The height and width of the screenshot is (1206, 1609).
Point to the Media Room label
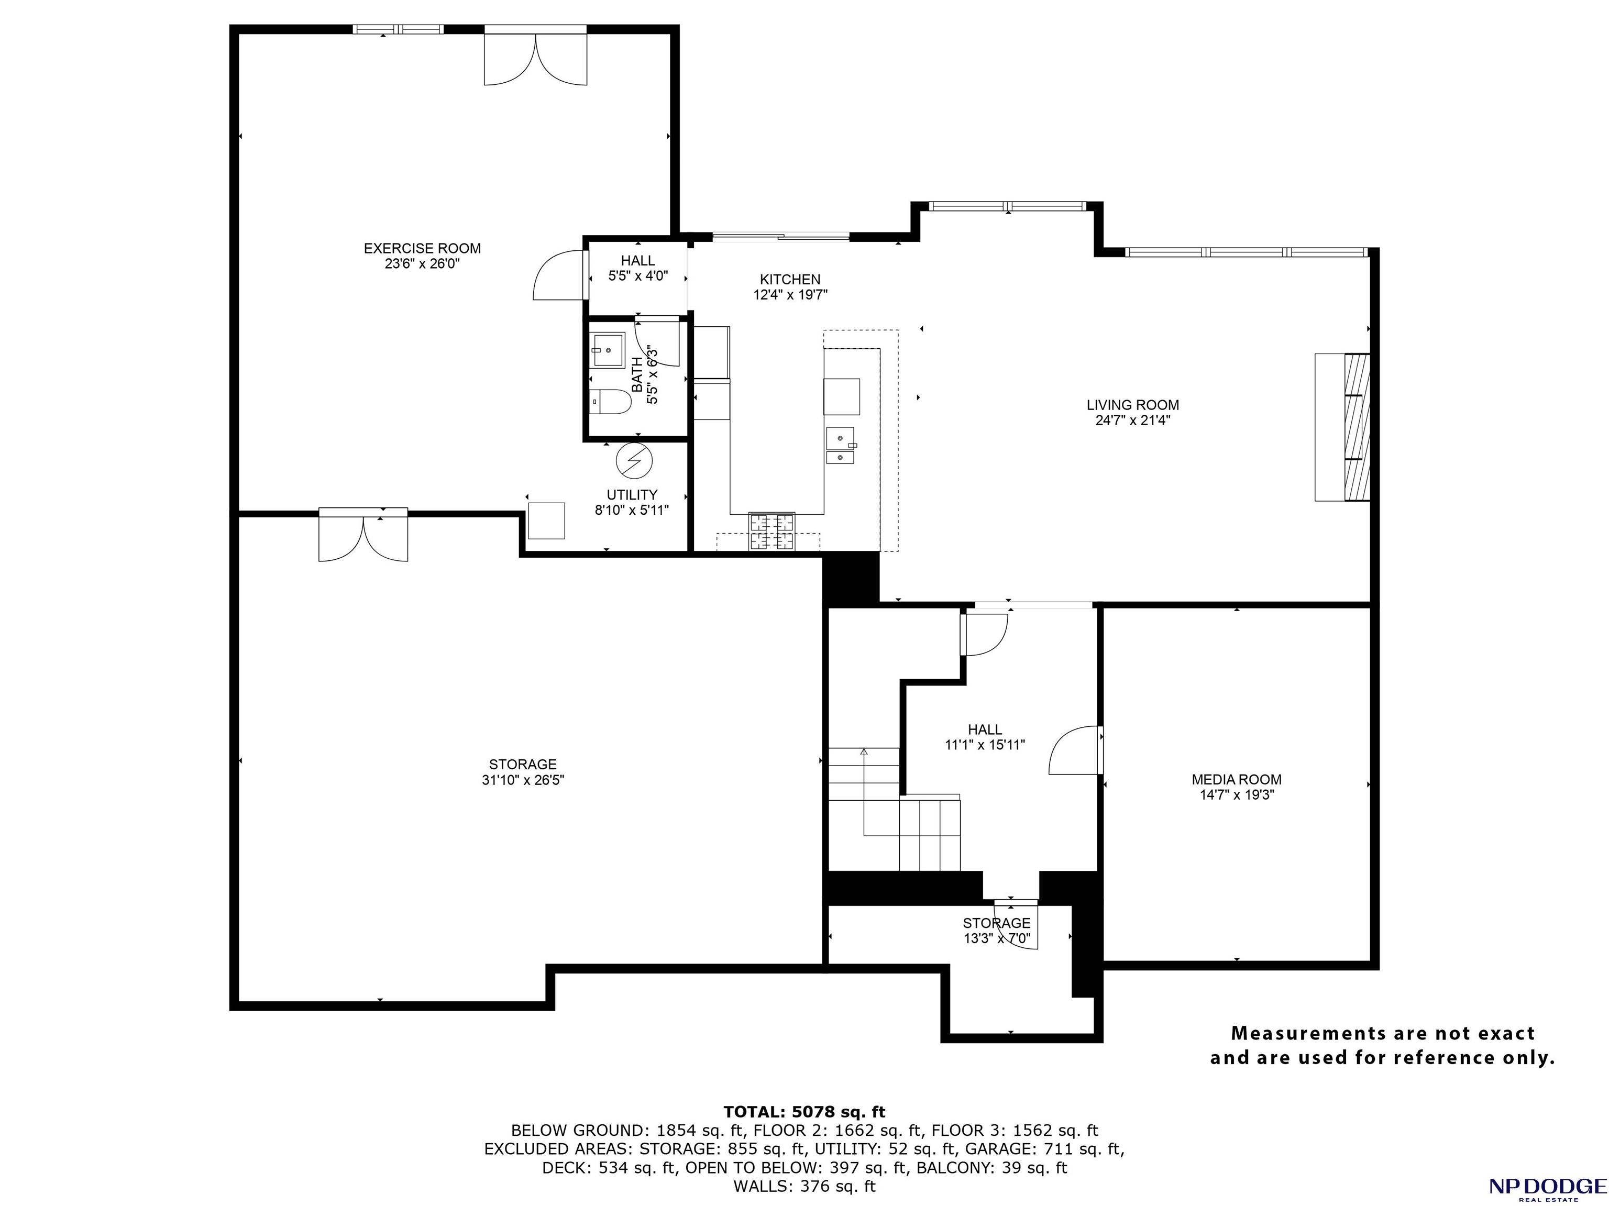tap(1237, 779)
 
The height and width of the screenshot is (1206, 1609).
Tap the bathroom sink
tap(608, 351)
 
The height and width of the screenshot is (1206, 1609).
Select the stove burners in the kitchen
tap(772, 530)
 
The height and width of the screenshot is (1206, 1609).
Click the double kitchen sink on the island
tap(841, 445)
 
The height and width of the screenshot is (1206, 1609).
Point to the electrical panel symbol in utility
tap(634, 460)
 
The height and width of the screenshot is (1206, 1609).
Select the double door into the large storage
tap(363, 535)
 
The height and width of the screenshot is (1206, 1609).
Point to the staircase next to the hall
tap(895, 809)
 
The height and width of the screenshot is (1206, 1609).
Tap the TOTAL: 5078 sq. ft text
tap(804, 1111)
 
